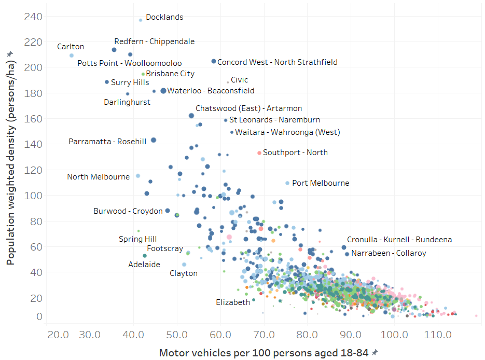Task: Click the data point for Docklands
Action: pos(141,20)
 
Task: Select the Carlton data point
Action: pos(72,56)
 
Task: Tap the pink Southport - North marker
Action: pos(259,153)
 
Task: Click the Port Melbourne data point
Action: pos(287,183)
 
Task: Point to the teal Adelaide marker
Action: pos(145,256)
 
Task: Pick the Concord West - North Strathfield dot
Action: pos(214,61)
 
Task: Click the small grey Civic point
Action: pos(228,82)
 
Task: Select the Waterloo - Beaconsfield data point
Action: pos(163,91)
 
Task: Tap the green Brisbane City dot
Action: pos(143,74)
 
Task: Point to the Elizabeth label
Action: pos(233,302)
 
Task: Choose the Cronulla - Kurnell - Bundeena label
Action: pos(399,240)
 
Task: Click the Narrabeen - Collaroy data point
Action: pos(347,254)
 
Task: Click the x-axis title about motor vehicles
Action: pos(264,353)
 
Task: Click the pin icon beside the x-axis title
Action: pos(375,353)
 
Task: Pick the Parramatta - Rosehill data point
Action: pos(153,140)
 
